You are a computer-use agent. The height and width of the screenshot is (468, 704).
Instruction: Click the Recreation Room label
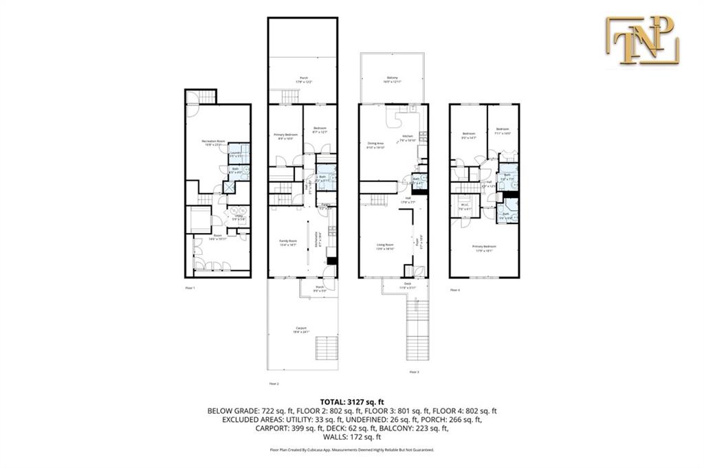(214, 142)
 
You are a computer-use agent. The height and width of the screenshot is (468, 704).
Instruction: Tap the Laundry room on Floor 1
(235, 155)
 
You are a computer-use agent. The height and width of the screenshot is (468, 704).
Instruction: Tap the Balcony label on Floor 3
(393, 80)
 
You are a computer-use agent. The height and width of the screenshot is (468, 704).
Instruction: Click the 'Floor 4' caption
(455, 290)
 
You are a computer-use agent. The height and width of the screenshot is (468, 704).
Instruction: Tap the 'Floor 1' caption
(190, 287)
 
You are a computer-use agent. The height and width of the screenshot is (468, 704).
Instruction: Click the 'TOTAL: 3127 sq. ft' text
(351, 401)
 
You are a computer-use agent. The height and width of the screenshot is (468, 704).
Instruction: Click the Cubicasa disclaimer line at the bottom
(351, 450)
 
